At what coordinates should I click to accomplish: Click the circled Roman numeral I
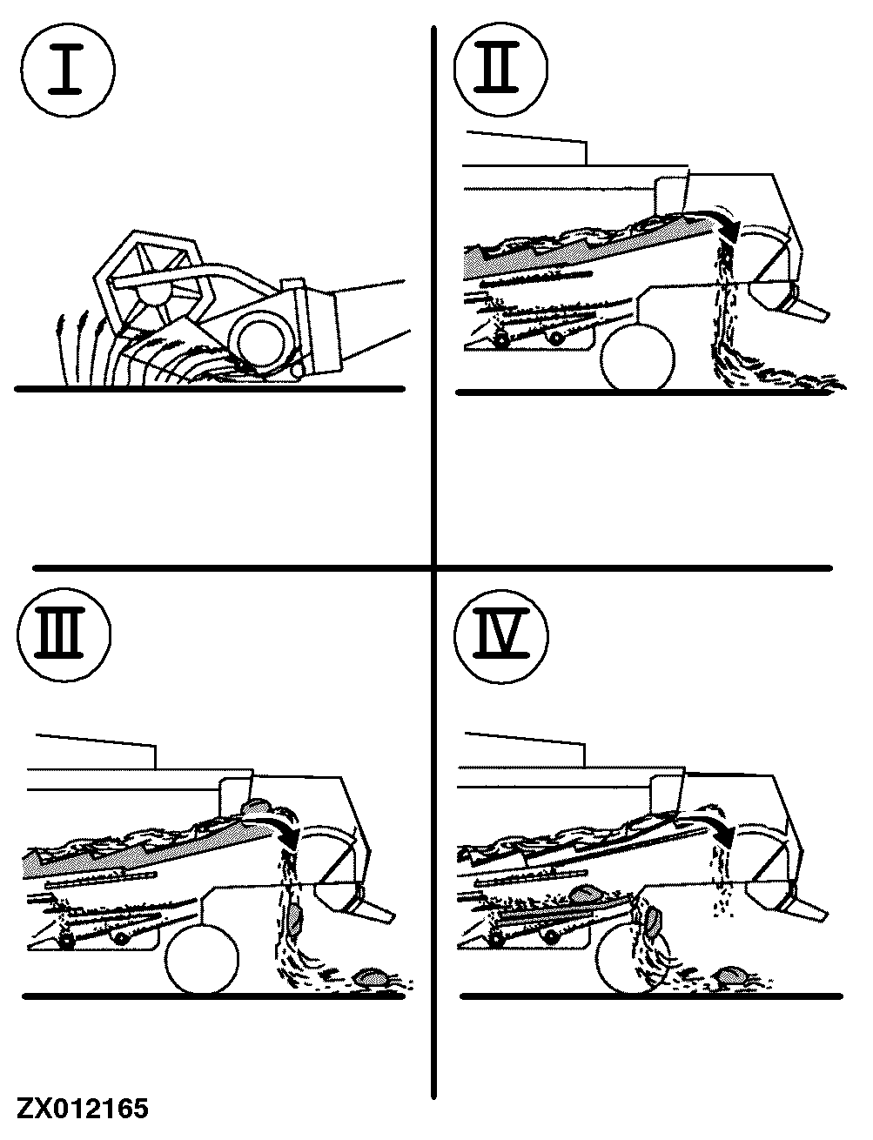pos(67,70)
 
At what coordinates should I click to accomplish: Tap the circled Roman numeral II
pos(500,69)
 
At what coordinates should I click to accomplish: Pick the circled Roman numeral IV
pos(501,636)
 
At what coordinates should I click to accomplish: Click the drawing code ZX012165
pos(83,1109)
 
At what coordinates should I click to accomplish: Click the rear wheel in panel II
pos(637,357)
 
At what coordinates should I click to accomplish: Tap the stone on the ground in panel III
pos(372,976)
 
